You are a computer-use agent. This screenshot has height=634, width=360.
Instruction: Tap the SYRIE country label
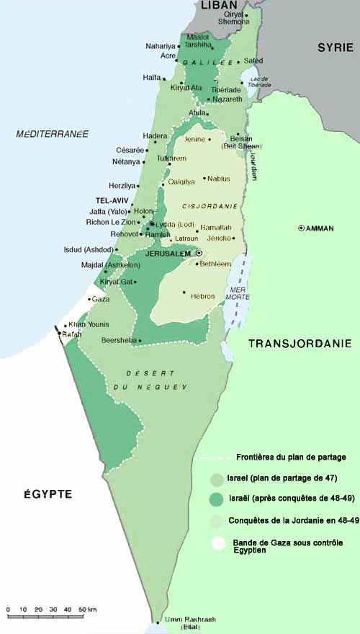(336, 48)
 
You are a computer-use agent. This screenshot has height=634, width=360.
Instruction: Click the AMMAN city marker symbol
(301, 228)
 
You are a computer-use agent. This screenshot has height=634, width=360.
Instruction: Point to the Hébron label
(203, 296)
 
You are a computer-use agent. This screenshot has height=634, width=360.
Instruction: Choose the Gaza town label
(101, 298)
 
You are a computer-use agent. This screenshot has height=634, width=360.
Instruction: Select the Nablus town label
(220, 178)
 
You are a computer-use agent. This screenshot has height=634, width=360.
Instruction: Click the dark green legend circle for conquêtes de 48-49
(216, 499)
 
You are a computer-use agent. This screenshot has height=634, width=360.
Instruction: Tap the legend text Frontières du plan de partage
(291, 457)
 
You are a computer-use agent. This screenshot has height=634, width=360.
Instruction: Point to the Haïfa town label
(151, 78)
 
